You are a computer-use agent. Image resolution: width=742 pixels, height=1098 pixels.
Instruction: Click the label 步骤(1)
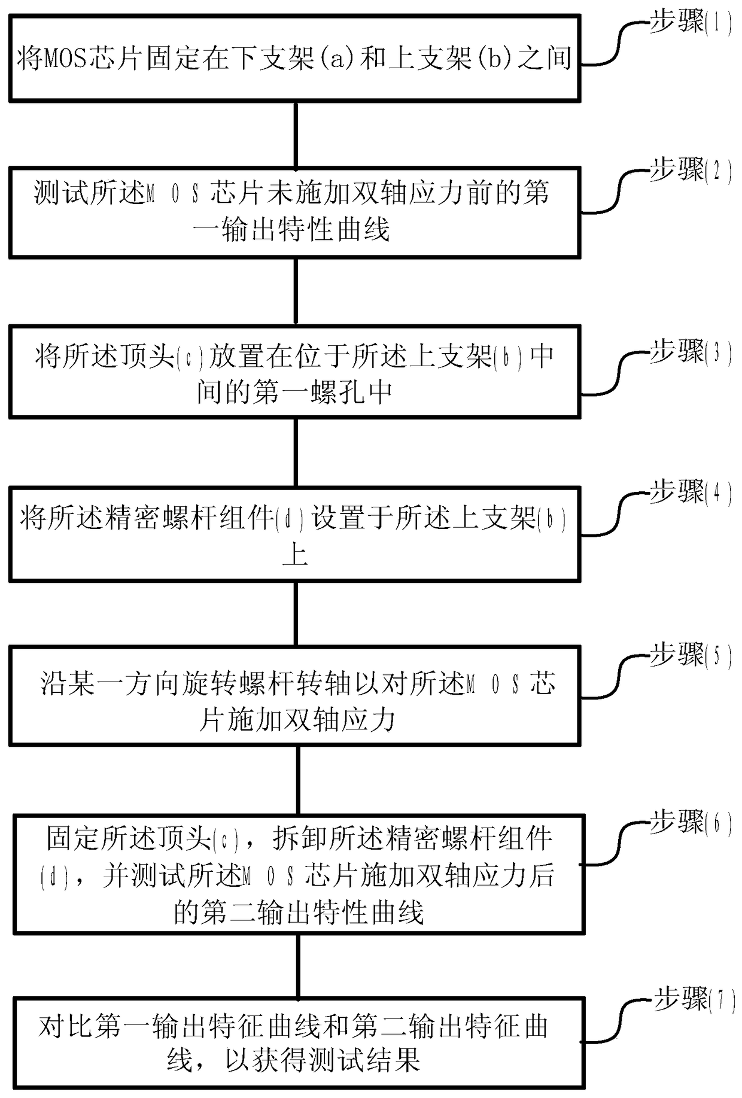click(690, 23)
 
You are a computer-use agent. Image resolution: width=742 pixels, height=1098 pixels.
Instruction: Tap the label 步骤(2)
click(690, 171)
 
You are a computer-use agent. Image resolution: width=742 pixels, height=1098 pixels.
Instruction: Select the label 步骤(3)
click(690, 352)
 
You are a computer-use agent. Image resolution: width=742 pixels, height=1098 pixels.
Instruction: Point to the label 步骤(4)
click(690, 492)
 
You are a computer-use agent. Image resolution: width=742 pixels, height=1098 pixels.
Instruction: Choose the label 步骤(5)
click(690, 655)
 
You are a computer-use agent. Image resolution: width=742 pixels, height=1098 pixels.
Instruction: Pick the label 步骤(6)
click(690, 823)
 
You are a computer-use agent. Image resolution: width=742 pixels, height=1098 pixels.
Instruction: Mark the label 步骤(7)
click(693, 1000)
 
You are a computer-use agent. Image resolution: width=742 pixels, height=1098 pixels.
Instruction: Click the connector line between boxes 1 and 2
click(296, 135)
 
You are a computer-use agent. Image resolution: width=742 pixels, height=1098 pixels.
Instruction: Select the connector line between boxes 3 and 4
click(296, 452)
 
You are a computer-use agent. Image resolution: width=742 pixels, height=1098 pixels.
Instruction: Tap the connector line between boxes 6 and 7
click(297, 965)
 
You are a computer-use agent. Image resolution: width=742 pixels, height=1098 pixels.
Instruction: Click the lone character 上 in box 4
click(295, 555)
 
